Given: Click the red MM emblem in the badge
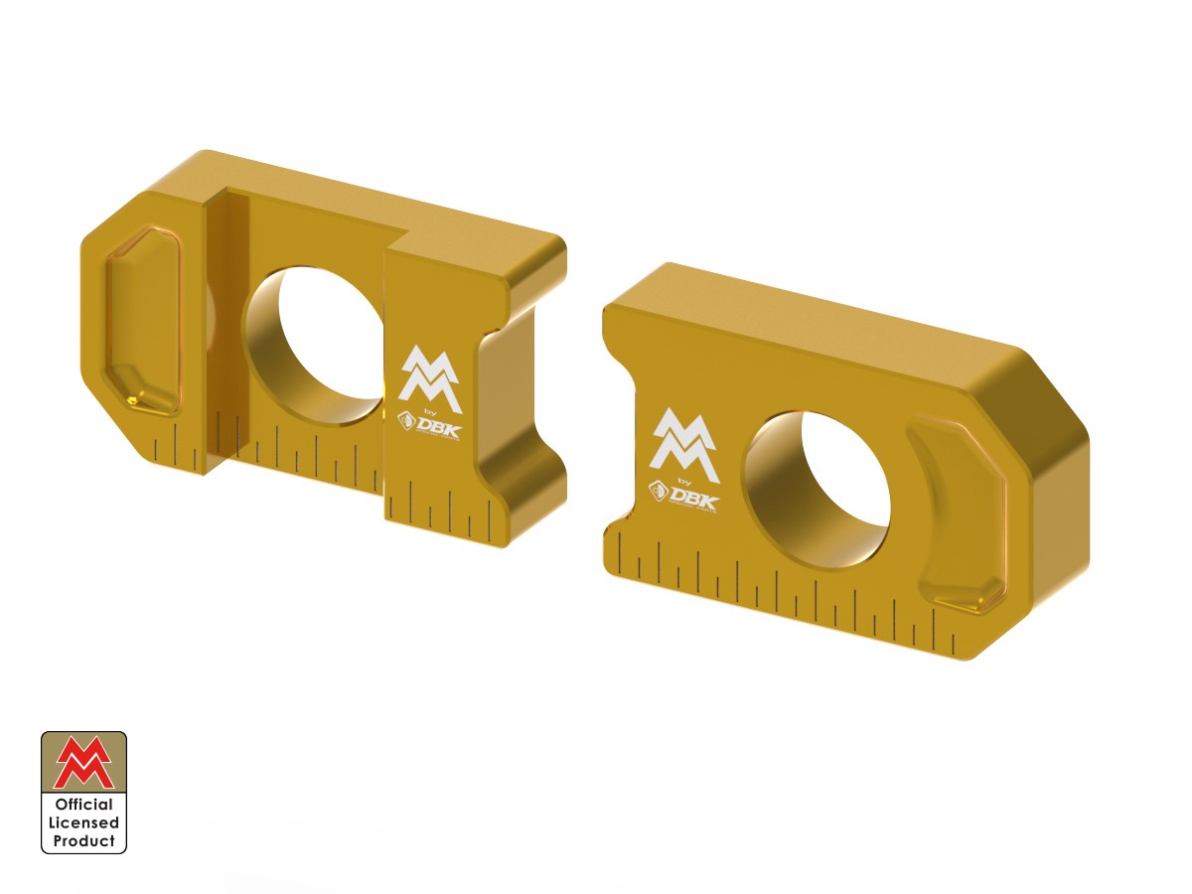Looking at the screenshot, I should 83,763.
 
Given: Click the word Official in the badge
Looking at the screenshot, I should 83,805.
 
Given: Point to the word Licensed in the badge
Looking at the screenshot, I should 83,822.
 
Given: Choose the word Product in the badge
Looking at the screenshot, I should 83,840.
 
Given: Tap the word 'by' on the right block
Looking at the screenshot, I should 685,480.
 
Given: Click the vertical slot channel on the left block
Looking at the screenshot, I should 224,328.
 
